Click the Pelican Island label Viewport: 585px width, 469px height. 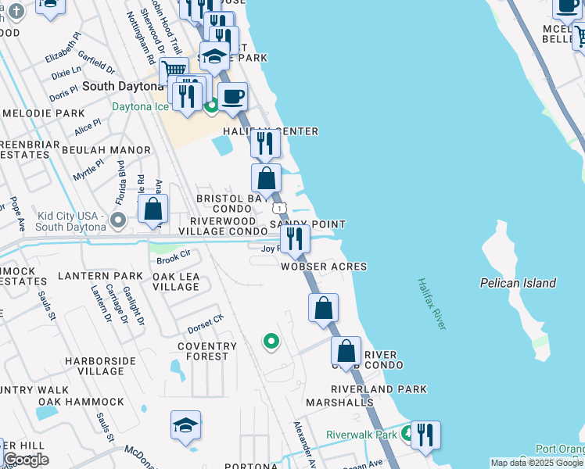[519, 283]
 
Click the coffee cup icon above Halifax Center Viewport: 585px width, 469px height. [232, 98]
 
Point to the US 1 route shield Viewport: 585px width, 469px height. [278, 208]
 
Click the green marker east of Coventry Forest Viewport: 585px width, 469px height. [271, 342]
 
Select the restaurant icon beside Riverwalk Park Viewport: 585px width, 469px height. [425, 435]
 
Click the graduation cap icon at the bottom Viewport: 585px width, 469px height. [186, 427]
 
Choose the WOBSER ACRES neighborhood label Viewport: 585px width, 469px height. [324, 267]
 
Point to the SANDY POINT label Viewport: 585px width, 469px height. [307, 224]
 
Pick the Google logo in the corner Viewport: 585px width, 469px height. [26, 459]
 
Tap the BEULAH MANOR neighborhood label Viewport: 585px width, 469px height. [106, 149]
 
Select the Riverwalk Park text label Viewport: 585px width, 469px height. [361, 435]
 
